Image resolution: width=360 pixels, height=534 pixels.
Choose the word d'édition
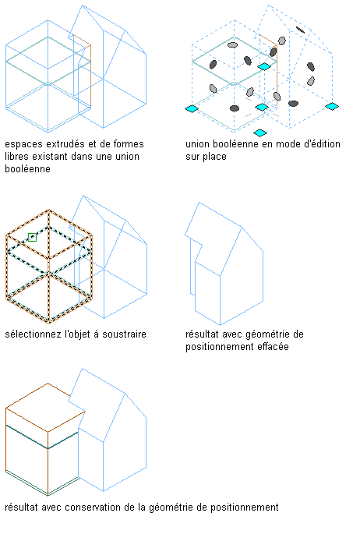pyautogui.click(x=322, y=143)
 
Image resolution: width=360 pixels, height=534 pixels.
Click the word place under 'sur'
pyautogui.click(x=215, y=157)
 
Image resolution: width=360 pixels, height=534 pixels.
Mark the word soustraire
pyautogui.click(x=124, y=334)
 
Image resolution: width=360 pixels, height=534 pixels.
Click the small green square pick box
pyautogui.click(x=32, y=237)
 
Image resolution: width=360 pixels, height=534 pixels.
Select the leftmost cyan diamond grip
pyautogui.click(x=192, y=108)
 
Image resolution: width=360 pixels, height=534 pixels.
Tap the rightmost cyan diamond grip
pyautogui.click(x=332, y=106)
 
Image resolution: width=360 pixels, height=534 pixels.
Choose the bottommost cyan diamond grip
pyautogui.click(x=260, y=133)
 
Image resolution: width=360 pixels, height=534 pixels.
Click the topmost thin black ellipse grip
pyautogui.click(x=300, y=30)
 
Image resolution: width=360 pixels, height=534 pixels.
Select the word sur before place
pyautogui.click(x=193, y=157)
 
